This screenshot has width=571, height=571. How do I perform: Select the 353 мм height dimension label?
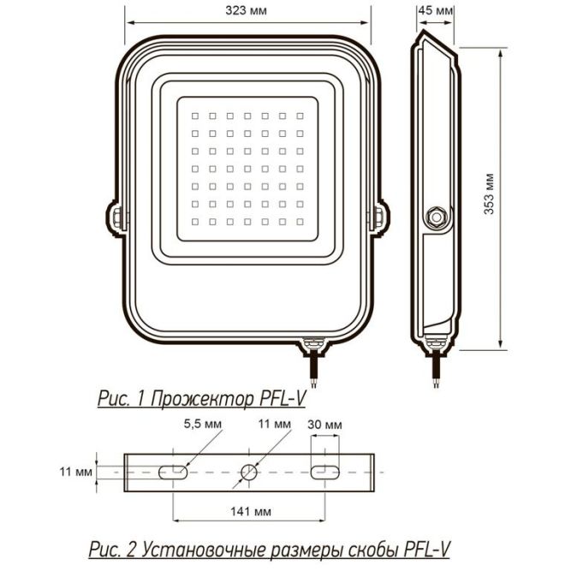[x=489, y=198]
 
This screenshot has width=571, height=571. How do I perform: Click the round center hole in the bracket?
[x=249, y=472]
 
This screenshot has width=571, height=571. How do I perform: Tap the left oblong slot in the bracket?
[x=175, y=472]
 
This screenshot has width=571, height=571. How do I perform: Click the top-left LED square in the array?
[x=195, y=114]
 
